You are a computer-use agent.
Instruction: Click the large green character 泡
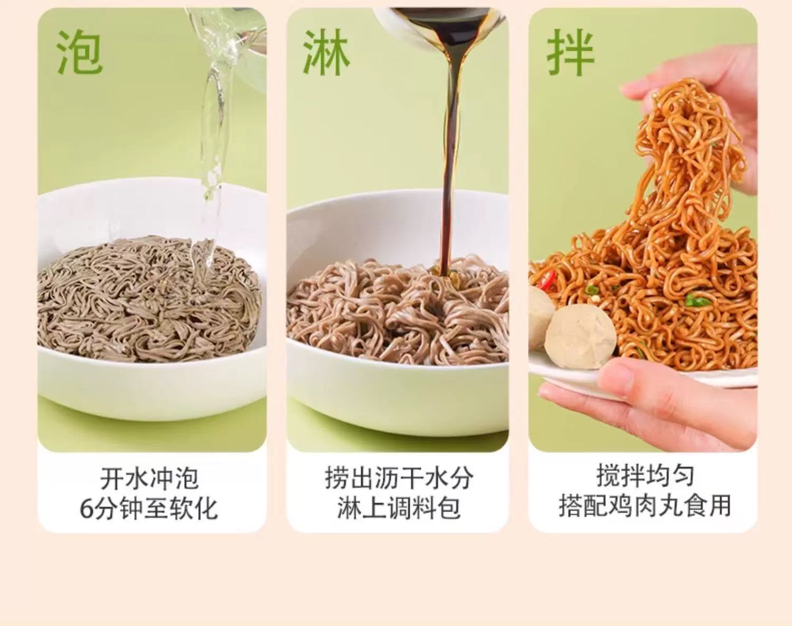[79, 52]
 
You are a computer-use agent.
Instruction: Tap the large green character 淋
[326, 52]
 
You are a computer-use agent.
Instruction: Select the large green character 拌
[570, 52]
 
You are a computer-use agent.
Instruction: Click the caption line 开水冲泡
[149, 478]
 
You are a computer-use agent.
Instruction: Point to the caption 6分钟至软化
[149, 509]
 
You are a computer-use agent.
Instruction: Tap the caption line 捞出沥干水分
[399, 478]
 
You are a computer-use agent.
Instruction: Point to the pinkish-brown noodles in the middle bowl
[398, 313]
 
